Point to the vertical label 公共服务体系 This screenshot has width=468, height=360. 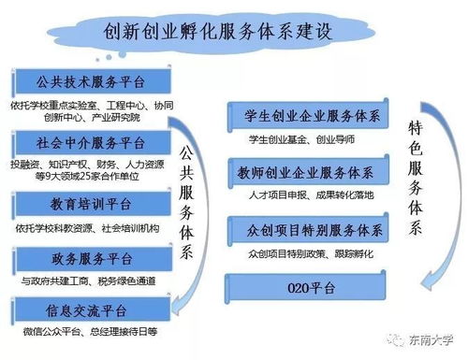click(186, 196)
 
